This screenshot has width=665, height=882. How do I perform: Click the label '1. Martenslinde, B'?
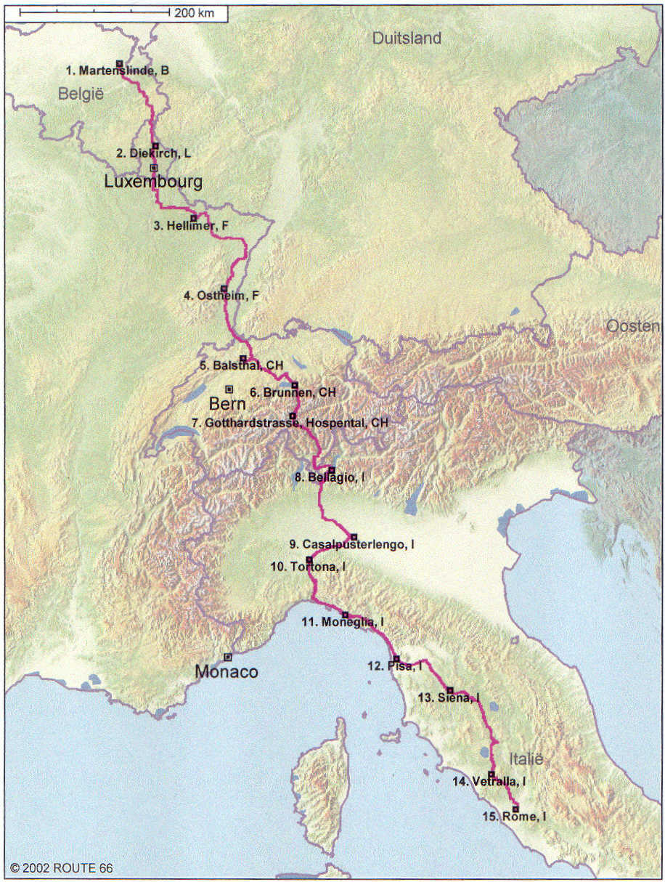coord(118,70)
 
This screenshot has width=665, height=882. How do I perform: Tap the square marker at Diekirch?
coord(155,145)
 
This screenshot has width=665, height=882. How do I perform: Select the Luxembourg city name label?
coord(152,182)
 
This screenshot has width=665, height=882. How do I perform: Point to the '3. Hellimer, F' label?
coord(191,226)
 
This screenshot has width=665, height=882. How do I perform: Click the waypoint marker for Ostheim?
coord(224,288)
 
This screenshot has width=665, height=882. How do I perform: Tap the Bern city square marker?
coord(229,389)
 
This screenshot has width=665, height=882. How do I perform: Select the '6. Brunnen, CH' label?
coord(293,392)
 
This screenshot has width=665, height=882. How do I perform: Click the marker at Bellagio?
coord(332,470)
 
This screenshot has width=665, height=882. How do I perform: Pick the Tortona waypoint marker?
coord(309,559)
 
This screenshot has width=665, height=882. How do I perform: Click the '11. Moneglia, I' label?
coord(343,623)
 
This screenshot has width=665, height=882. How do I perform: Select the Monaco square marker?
coord(228,657)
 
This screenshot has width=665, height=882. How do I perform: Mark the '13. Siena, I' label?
coord(449,697)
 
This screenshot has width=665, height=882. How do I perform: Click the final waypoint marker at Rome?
coord(515,809)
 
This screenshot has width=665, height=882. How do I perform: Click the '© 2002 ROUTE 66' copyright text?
coord(62,868)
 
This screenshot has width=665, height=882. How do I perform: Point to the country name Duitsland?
coord(407,39)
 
